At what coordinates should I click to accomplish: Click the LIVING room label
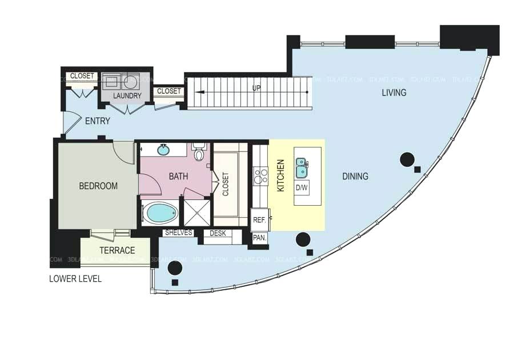tap(394, 93)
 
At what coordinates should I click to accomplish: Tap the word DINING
tap(355, 177)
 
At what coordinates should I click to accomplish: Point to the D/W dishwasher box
tap(302, 187)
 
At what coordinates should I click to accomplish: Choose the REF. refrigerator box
tap(259, 219)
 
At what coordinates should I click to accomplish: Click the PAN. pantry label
tap(260, 238)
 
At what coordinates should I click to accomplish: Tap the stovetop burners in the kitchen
tap(260, 175)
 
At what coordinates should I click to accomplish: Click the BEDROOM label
tap(98, 186)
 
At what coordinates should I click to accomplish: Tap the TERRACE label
tap(117, 250)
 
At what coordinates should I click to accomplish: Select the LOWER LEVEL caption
tap(75, 279)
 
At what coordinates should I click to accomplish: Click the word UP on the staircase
tap(257, 88)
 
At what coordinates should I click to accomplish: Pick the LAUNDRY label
tap(127, 95)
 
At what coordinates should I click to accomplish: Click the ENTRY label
tap(97, 121)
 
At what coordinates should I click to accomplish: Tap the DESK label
tap(218, 233)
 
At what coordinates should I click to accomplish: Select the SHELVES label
tap(178, 233)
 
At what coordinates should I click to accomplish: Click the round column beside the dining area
tap(407, 159)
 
